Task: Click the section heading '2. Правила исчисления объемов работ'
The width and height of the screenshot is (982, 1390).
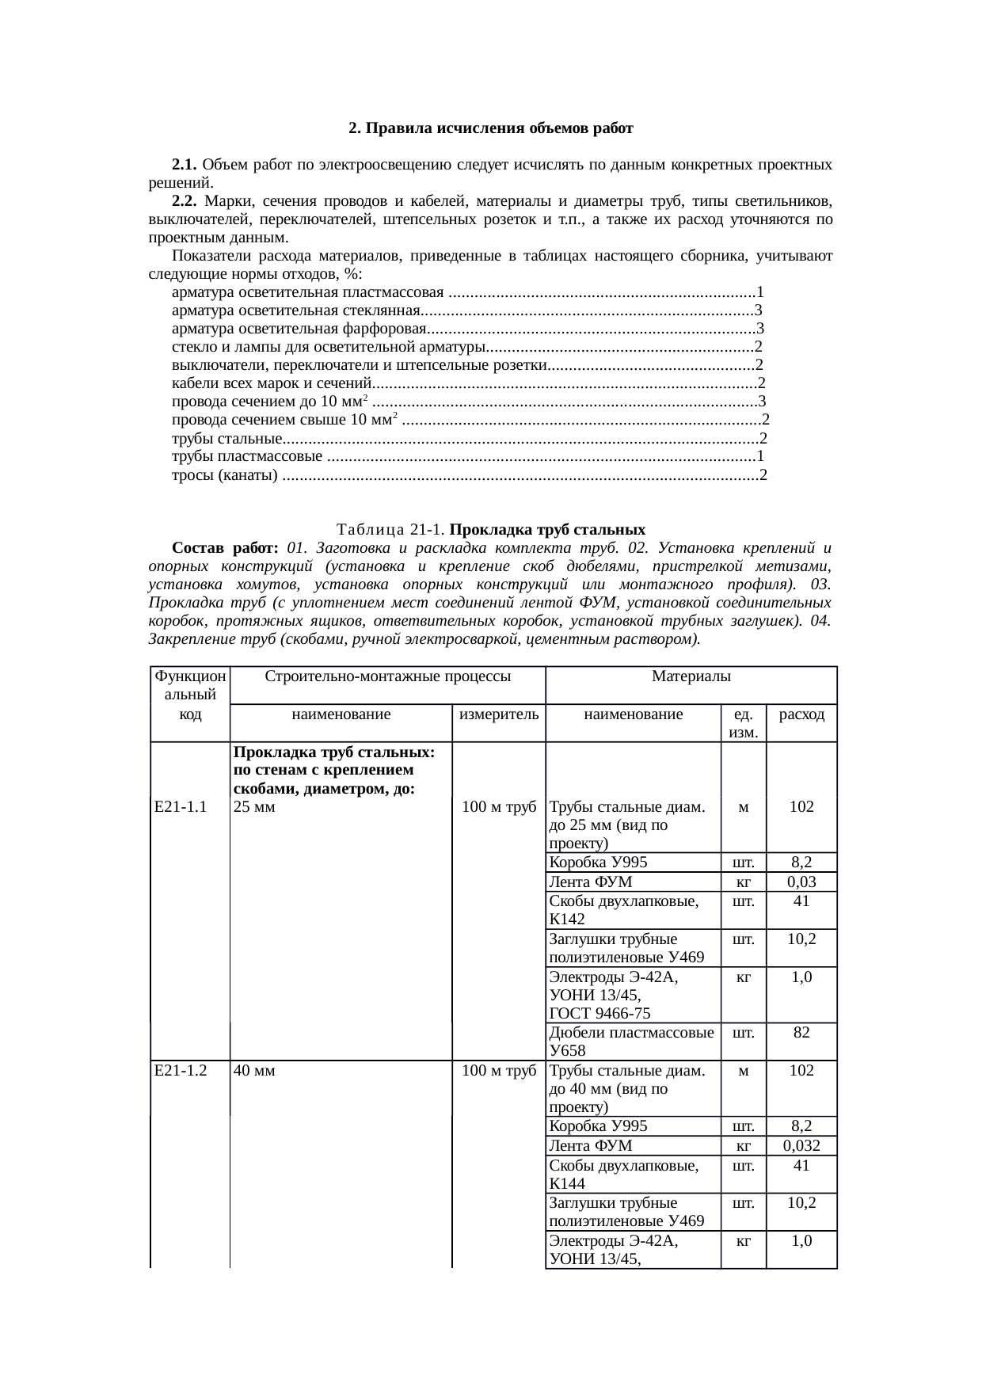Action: coord(491,128)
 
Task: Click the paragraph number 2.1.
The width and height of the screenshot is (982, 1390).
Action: coord(184,165)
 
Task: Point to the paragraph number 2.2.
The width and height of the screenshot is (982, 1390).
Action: coord(184,201)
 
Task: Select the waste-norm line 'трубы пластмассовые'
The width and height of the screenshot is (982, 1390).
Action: coord(247,456)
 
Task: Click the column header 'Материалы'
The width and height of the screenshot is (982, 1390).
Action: coord(691,676)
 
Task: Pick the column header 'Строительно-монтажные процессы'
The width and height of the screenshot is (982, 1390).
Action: coord(387,676)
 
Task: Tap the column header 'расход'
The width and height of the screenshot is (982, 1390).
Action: coord(801,714)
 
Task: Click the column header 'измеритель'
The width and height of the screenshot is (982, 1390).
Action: coord(499,714)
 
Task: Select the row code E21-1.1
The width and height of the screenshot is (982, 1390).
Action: coord(181,806)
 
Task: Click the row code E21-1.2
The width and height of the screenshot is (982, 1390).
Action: coord(181,1071)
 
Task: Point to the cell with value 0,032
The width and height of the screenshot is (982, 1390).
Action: coord(801,1145)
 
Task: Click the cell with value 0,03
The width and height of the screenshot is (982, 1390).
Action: coord(801,882)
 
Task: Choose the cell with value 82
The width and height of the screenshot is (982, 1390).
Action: coord(801,1032)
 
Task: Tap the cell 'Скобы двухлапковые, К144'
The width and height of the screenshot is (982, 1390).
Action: coord(624,1174)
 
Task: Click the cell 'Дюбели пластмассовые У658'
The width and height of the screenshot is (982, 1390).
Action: coord(632,1041)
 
